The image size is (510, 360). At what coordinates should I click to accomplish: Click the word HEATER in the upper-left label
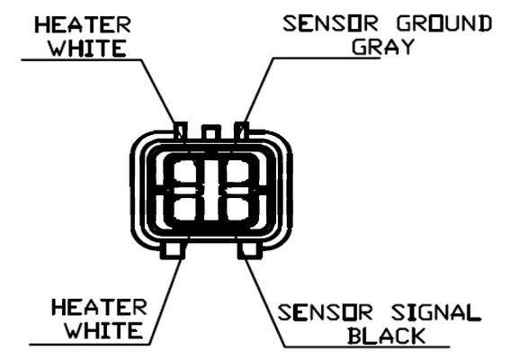[83, 25]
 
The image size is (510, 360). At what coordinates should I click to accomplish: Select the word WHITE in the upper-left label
[87, 49]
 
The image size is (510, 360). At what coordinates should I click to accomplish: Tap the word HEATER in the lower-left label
[99, 308]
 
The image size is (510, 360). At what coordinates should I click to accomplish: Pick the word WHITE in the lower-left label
[103, 330]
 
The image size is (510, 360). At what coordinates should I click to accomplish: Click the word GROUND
[444, 23]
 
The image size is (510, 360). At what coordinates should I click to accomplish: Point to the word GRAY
[383, 47]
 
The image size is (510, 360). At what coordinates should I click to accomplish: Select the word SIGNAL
[436, 312]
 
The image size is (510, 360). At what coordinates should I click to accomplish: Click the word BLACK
[387, 336]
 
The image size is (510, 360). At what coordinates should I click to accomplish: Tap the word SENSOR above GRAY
[331, 23]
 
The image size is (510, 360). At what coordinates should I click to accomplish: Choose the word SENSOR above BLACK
[325, 312]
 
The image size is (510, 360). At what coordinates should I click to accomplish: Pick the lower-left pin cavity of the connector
[184, 208]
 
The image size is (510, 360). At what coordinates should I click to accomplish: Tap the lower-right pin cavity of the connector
[238, 208]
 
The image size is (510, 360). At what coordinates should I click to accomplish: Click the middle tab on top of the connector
[211, 132]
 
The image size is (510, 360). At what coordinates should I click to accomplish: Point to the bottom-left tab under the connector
[173, 250]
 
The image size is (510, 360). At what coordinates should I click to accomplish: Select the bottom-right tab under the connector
[250, 250]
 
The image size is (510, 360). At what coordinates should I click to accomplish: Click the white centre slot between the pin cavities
[211, 191]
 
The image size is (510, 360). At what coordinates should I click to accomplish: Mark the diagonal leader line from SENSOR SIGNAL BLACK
[264, 301]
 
